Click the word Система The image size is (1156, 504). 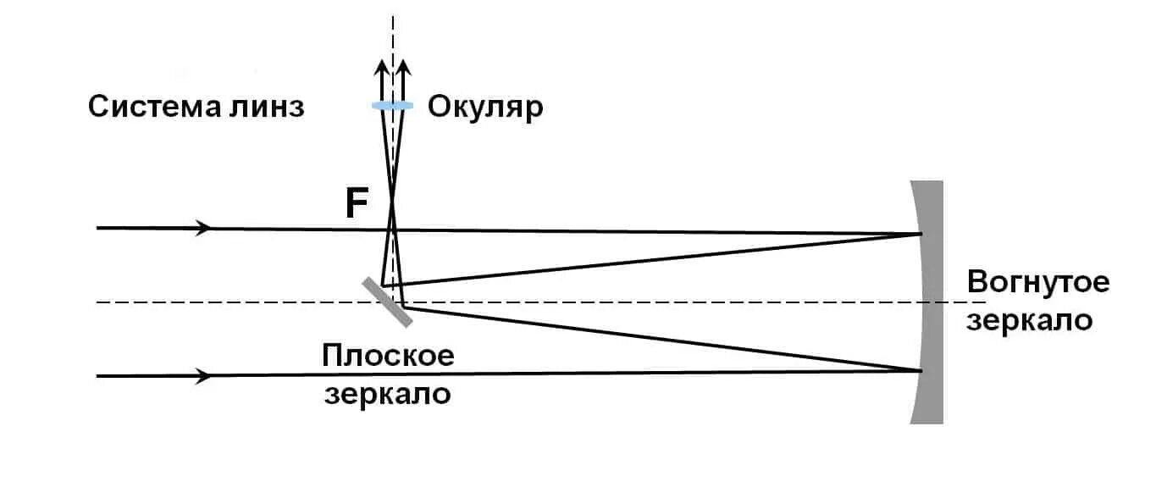click(x=148, y=108)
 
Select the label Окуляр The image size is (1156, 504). click(x=484, y=108)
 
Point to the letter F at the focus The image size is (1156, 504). click(x=357, y=205)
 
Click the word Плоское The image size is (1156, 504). click(x=388, y=356)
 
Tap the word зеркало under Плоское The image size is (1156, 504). click(x=388, y=395)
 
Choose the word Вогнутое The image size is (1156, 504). click(x=1038, y=282)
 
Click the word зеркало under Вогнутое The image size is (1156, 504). click(x=1030, y=321)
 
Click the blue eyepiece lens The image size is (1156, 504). click(x=392, y=105)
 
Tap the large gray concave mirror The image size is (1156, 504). click(x=928, y=302)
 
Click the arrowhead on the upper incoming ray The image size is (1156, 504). click(x=204, y=228)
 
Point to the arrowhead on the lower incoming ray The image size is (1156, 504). click(x=204, y=375)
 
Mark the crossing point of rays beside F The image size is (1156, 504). click(x=392, y=202)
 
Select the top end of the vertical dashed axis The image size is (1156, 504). click(x=393, y=17)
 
